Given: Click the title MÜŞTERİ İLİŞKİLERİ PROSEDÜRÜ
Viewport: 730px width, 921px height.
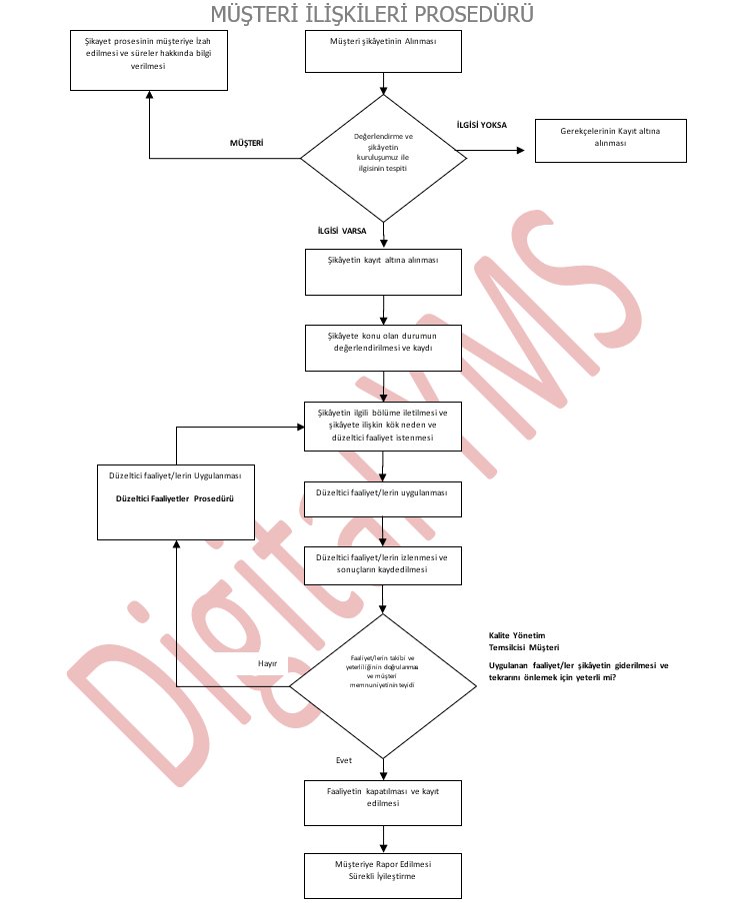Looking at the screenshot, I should [371, 14].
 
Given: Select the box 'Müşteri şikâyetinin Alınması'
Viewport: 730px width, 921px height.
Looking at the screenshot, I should [383, 51].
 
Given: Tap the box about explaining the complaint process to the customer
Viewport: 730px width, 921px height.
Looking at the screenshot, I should [148, 59].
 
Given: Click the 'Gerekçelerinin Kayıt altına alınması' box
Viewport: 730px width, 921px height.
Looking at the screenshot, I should [610, 141].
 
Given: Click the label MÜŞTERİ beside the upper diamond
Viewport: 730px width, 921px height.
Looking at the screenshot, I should [246, 144].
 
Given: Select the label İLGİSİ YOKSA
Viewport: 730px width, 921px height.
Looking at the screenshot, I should [481, 125].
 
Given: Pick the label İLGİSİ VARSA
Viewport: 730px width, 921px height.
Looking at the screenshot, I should [342, 231].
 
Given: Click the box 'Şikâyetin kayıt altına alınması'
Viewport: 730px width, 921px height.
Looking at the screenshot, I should [383, 271].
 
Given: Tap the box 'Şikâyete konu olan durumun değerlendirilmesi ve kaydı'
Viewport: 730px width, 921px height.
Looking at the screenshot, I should [383, 348].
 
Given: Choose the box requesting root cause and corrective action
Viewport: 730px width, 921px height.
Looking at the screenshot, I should [383, 426].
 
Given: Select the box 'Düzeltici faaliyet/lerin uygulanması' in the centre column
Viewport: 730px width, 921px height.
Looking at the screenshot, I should [383, 499].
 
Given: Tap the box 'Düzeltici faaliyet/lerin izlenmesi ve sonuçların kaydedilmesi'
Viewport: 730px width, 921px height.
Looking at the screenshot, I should [383, 564].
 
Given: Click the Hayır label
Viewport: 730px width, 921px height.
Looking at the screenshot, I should [267, 663].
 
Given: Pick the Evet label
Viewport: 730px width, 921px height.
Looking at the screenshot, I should [344, 760].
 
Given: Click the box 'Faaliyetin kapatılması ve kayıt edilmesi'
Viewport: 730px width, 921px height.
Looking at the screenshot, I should [383, 802].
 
